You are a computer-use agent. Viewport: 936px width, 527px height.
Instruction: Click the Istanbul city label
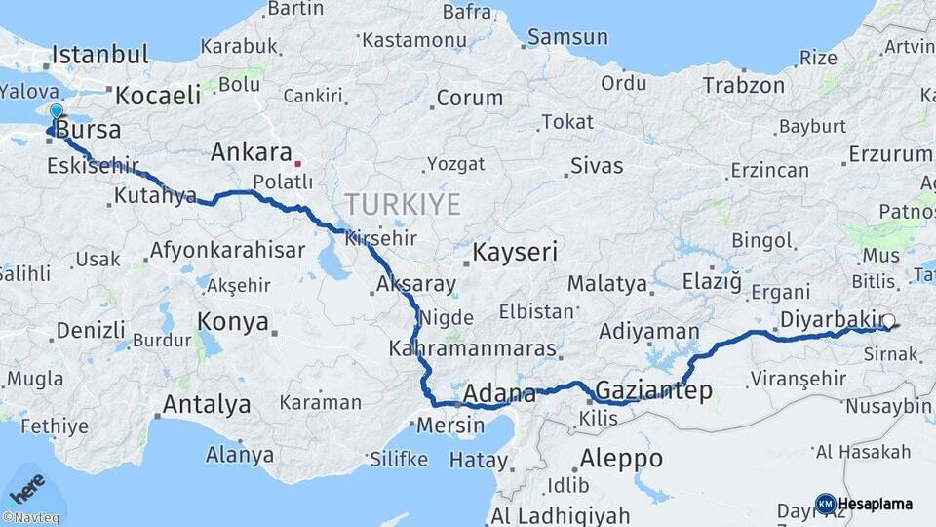100,54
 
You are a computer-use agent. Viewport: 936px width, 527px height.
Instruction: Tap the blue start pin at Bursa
57,114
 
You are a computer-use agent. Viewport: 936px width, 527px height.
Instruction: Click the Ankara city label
252,153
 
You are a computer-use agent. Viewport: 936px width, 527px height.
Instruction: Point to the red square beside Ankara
298,163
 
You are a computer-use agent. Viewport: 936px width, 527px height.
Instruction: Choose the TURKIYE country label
402,204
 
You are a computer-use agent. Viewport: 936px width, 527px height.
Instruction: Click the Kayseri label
515,253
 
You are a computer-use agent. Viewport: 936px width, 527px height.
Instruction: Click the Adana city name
499,394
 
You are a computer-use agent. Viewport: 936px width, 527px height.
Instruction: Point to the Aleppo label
621,458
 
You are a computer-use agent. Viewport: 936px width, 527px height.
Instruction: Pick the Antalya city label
206,404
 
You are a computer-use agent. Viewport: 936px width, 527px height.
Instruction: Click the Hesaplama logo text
876,504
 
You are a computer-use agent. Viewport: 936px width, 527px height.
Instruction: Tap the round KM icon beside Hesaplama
825,504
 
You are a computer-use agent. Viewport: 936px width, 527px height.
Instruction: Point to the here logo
26,485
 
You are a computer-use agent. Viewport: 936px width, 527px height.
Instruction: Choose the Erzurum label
890,154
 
